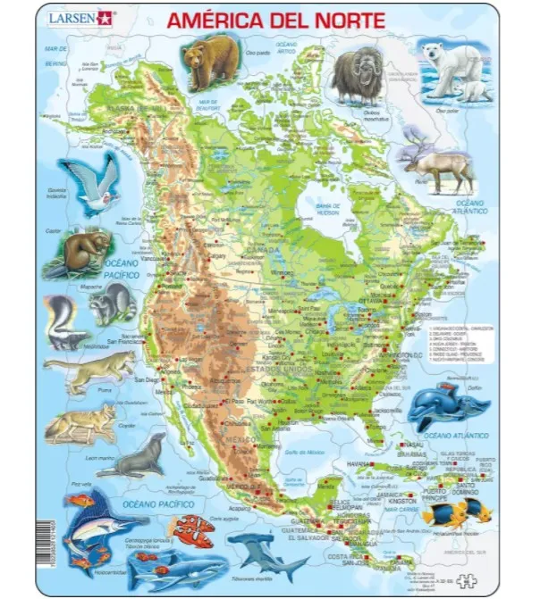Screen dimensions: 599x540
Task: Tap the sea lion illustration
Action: pos(143,461)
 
